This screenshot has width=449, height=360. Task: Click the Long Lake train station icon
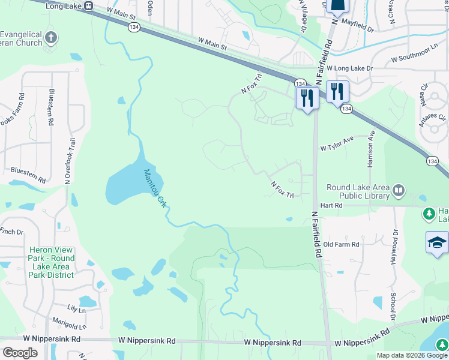89,6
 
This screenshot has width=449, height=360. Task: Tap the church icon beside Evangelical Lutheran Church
51,37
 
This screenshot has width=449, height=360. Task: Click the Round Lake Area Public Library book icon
398,191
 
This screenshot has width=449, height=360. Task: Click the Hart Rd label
331,205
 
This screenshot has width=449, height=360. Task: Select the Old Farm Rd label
341,244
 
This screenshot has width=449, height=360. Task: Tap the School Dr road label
394,306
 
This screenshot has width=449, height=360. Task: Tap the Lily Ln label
77,310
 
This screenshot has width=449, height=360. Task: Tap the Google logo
20,353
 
